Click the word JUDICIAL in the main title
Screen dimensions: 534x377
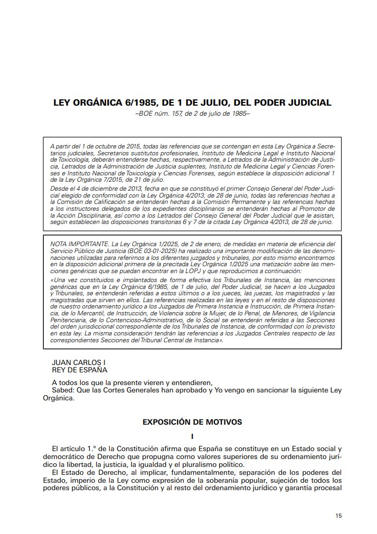[304, 102]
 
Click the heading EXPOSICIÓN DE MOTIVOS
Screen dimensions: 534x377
[192, 422]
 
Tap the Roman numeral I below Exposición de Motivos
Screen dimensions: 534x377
[193, 436]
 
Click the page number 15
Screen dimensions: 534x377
[338, 515]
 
